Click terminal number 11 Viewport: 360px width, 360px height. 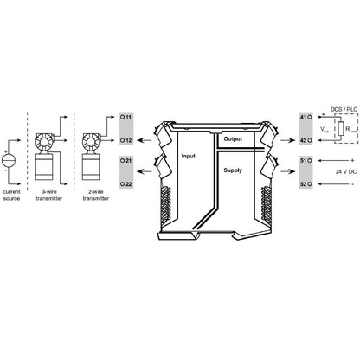[x=126, y=115]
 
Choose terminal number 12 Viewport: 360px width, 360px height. [x=126, y=139]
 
